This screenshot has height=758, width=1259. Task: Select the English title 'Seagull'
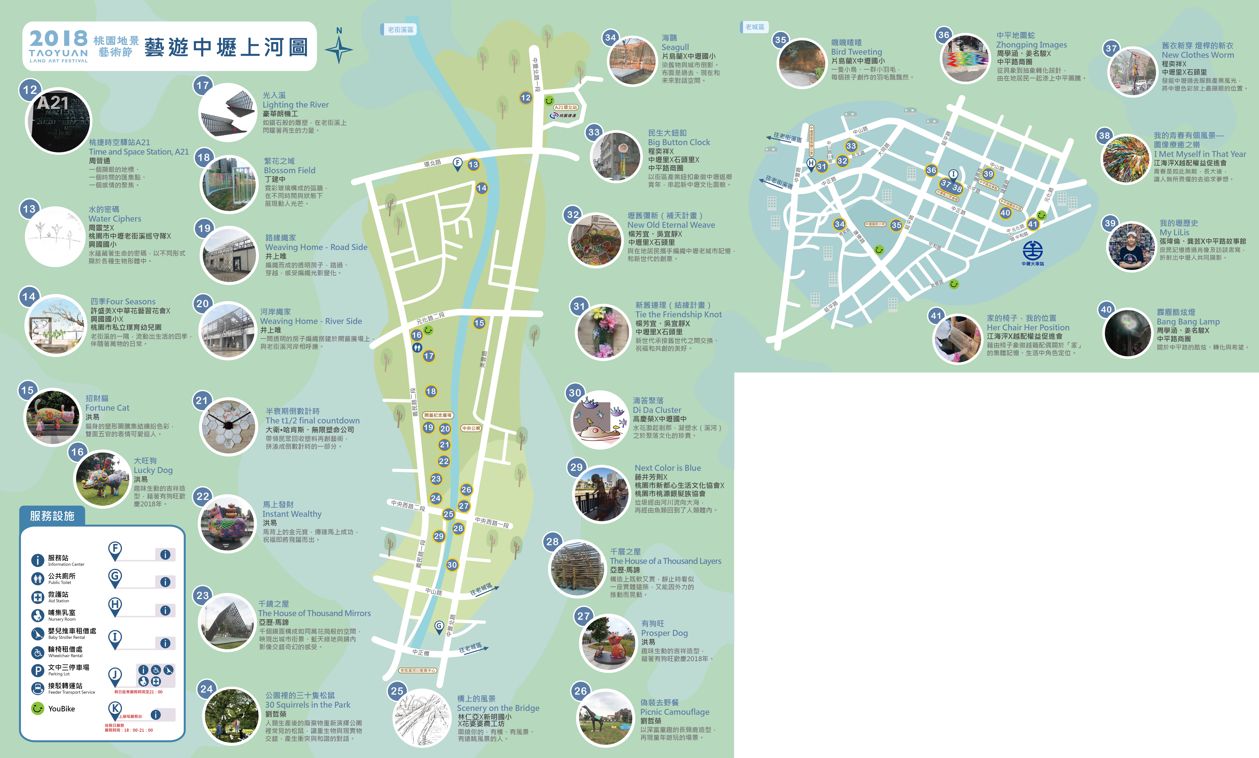[675, 47]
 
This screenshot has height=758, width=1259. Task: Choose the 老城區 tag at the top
[754, 27]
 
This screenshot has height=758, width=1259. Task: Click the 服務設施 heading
[52, 516]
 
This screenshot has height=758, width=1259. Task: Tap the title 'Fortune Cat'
[107, 408]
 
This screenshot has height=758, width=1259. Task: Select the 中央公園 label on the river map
[471, 428]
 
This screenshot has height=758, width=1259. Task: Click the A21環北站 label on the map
[566, 107]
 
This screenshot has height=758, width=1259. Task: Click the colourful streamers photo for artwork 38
[1126, 159]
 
